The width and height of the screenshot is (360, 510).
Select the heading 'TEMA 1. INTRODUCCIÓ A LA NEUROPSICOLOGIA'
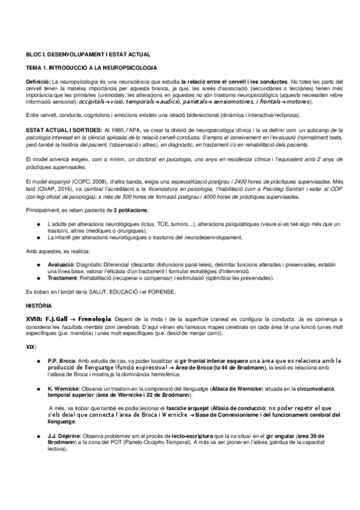88,69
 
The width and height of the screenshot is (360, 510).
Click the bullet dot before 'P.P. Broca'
38,360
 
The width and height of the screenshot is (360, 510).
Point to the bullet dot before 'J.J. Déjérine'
38,437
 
